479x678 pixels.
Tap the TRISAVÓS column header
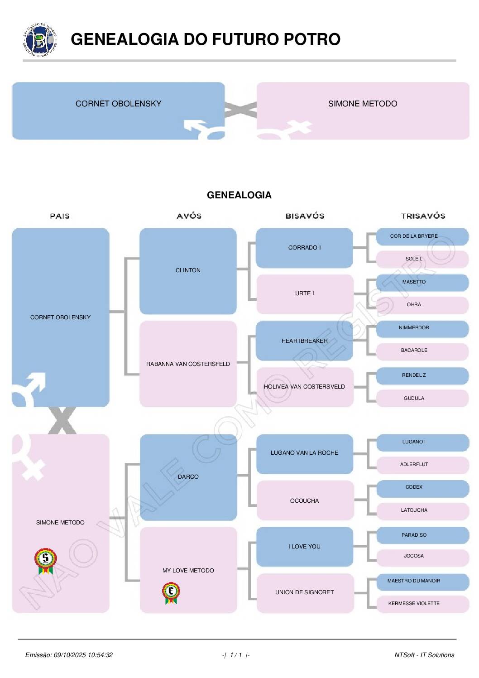[x=423, y=216]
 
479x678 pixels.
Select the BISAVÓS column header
[x=305, y=216]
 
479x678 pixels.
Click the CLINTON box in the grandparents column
[x=188, y=271]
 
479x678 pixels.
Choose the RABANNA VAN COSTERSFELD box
[x=188, y=364]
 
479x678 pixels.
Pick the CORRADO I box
[x=304, y=248]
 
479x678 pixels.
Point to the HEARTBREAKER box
[x=304, y=341]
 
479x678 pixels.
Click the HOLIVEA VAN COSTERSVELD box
[x=304, y=387]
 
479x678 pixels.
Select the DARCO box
[x=188, y=477]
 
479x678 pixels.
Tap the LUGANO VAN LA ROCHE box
[x=304, y=453]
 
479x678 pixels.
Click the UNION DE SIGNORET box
[x=304, y=592]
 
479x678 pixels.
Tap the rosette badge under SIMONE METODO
[x=45, y=561]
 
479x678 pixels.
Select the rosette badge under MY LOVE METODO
[x=171, y=593]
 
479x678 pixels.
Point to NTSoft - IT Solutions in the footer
[x=424, y=655]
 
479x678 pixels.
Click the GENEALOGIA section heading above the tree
[x=239, y=195]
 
